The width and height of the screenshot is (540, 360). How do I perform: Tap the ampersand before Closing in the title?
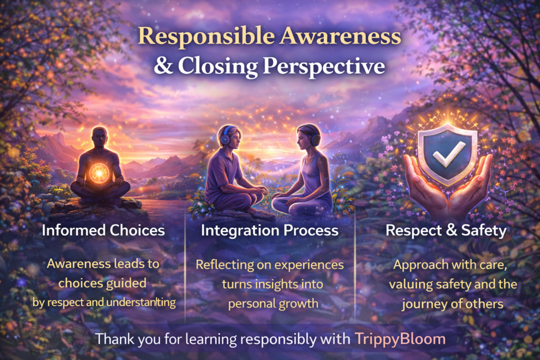pos(163,65)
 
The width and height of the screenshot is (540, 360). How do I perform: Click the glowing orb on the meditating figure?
pos(99,173)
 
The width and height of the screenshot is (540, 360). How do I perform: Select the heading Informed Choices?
pos(103,230)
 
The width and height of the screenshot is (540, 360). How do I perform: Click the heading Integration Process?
pos(269,230)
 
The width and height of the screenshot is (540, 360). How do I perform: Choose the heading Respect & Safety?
pos(446,230)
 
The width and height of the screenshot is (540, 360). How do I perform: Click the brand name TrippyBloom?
pos(400,339)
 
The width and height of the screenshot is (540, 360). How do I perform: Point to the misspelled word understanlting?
pos(141,303)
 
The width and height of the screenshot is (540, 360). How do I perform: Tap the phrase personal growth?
pos(273,304)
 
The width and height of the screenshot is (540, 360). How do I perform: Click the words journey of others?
pos(452,304)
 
